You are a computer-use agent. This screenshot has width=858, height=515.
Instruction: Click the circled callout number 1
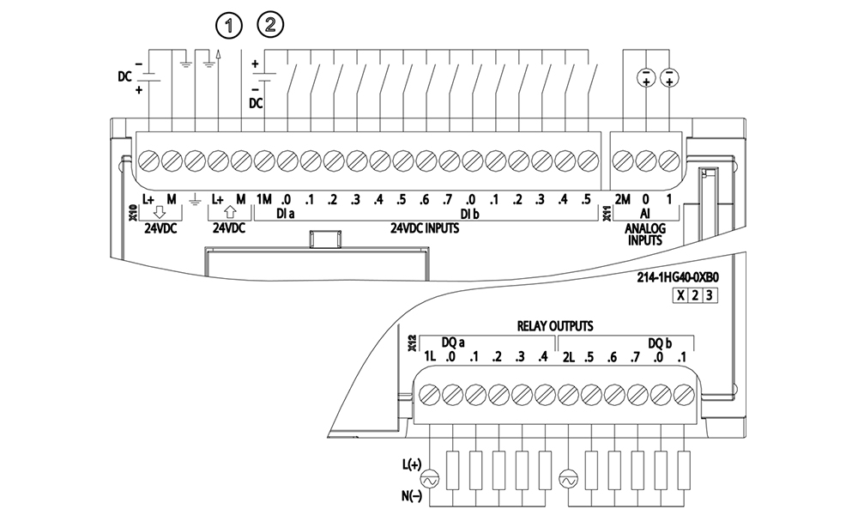(229, 26)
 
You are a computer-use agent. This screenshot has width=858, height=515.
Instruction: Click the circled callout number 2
(270, 25)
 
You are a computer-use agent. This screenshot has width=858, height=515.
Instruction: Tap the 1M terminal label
(263, 200)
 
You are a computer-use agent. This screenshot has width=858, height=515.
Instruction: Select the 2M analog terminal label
(622, 200)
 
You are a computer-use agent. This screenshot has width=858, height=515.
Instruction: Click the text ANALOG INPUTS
(645, 234)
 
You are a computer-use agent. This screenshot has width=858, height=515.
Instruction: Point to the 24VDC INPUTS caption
(425, 228)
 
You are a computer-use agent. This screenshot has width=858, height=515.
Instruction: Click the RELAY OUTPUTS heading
(555, 326)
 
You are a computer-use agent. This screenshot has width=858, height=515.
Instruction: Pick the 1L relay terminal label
(430, 357)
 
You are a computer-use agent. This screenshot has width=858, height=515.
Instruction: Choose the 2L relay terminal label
(569, 357)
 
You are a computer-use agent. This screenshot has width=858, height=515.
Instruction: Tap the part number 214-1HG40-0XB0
(678, 278)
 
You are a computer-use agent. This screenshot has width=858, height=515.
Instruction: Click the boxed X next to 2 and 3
(680, 295)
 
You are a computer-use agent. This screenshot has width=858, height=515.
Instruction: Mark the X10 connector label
(132, 213)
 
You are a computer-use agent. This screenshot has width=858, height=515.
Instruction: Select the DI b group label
(469, 214)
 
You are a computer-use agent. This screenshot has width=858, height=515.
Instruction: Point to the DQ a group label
(454, 343)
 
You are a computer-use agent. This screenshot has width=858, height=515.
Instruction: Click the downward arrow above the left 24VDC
(160, 213)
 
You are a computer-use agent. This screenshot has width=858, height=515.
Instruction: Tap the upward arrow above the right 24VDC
(230, 213)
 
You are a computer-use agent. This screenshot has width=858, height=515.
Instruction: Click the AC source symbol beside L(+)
(428, 481)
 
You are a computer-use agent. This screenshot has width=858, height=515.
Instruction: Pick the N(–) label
(412, 496)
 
